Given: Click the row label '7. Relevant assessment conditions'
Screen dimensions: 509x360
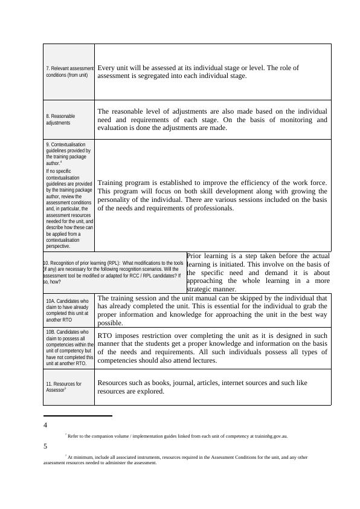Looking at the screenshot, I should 69,72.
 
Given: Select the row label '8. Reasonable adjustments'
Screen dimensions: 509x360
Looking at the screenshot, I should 61,119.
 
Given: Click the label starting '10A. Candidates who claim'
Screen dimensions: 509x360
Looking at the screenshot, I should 68,310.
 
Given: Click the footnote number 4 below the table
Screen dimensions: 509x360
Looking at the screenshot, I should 45,426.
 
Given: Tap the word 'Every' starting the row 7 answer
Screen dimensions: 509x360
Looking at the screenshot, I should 108,68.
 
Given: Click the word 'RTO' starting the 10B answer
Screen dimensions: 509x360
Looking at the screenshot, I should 104,334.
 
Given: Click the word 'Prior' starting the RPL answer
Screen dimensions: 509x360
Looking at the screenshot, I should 196,256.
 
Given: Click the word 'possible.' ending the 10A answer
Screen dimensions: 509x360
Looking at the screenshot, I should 110,323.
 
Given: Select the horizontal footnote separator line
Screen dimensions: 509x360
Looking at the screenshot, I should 78,416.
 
